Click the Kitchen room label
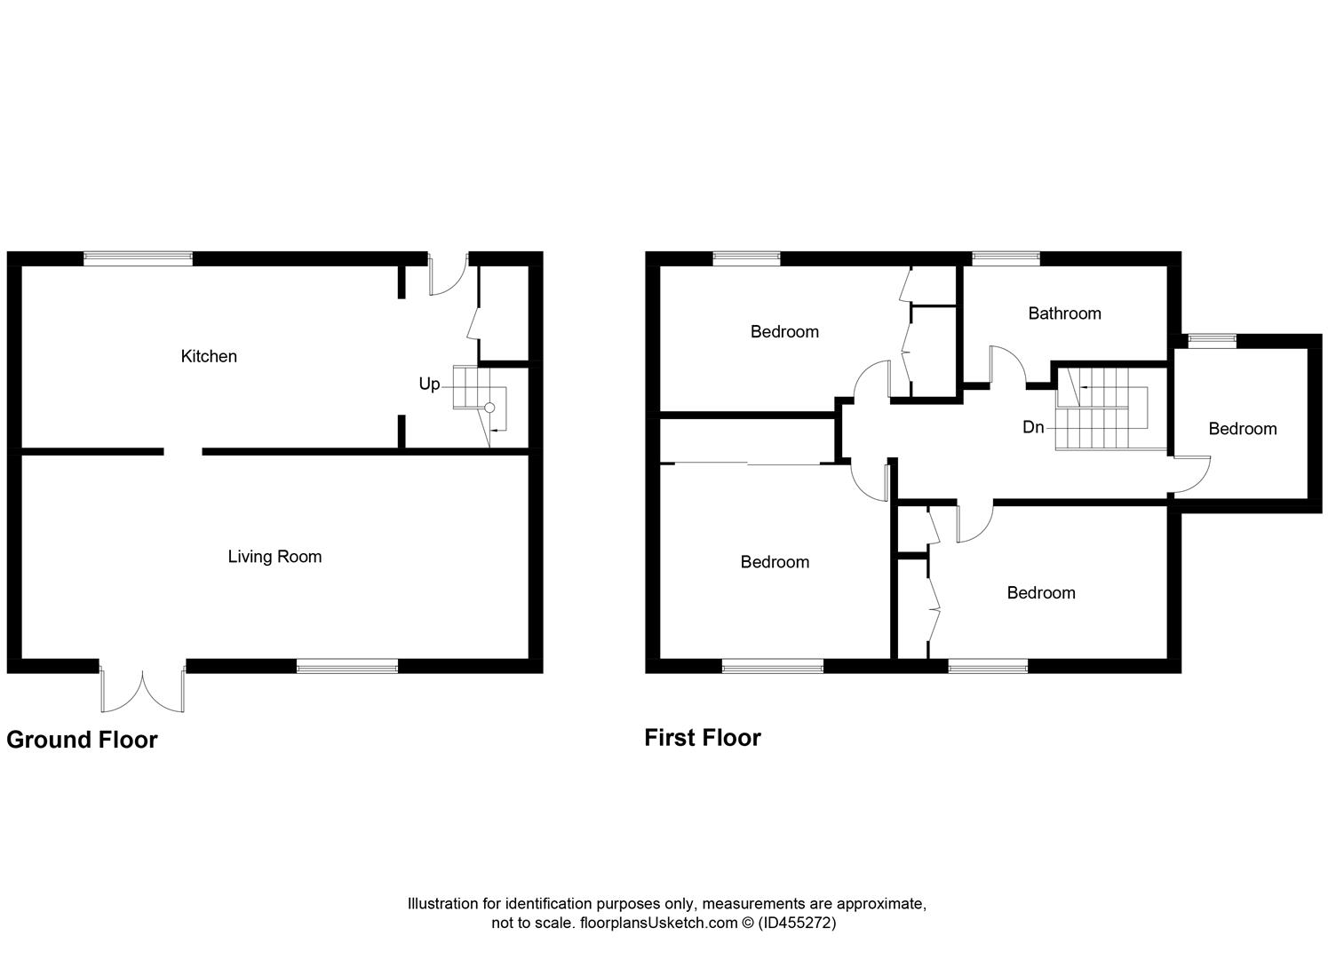[209, 356]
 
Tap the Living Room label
[274, 557]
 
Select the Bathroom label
[1064, 313]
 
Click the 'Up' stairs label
[429, 384]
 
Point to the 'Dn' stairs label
[1033, 427]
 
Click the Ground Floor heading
[82, 740]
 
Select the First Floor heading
[703, 738]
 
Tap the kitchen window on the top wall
[138, 258]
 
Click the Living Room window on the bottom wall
[347, 666]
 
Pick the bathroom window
[1006, 258]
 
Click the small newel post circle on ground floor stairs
[489, 408]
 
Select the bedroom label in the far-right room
[1243, 429]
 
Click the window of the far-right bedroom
[1212, 338]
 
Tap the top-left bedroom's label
[784, 332]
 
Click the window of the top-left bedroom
[746, 258]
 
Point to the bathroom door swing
[1007, 364]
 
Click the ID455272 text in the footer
[797, 923]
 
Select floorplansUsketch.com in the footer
[658, 923]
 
